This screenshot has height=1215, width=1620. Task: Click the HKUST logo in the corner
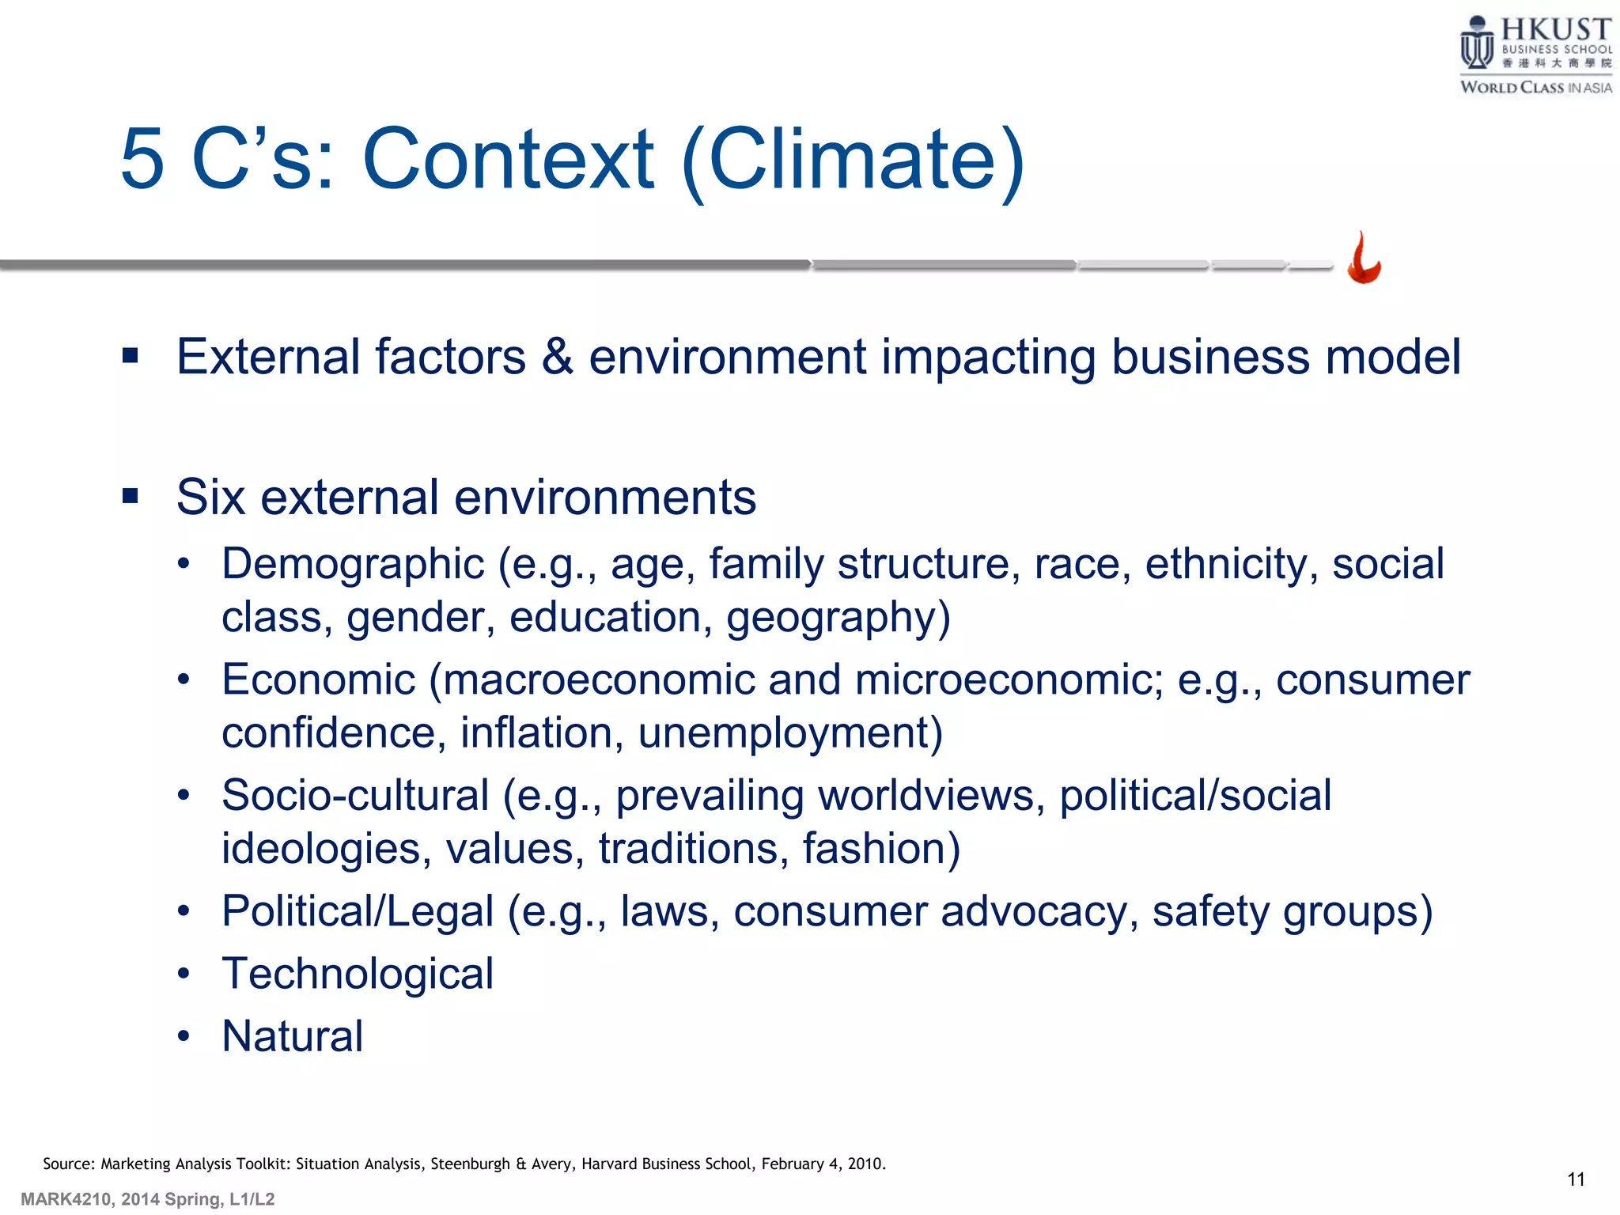(1535, 54)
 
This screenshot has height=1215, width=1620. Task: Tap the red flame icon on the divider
(1364, 259)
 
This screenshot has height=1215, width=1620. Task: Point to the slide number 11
(1576, 1179)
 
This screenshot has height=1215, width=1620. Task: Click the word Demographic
(353, 565)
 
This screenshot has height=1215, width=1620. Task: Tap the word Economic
(318, 680)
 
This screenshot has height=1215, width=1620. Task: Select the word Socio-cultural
(355, 796)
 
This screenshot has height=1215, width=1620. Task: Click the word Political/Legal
(358, 911)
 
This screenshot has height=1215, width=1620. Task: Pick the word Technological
(358, 974)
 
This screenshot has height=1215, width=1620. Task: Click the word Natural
(293, 1036)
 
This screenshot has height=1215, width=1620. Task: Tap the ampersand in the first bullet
(557, 357)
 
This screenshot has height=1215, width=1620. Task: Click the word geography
(831, 618)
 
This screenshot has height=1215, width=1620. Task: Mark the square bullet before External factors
(131, 356)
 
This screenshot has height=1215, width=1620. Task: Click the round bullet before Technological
(184, 974)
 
